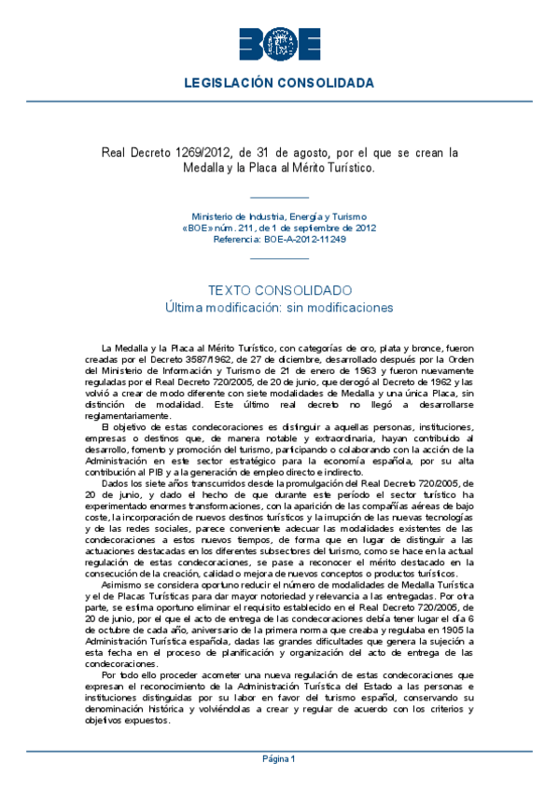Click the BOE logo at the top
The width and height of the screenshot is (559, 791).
click(279, 44)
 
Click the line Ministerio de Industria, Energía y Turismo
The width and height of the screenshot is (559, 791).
click(279, 215)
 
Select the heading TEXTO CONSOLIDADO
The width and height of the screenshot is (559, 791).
click(279, 291)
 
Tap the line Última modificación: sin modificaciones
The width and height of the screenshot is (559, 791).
click(279, 308)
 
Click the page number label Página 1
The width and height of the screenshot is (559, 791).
click(279, 759)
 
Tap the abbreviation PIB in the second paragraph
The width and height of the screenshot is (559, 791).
click(157, 471)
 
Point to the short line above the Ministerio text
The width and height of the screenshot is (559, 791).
click(279, 198)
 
